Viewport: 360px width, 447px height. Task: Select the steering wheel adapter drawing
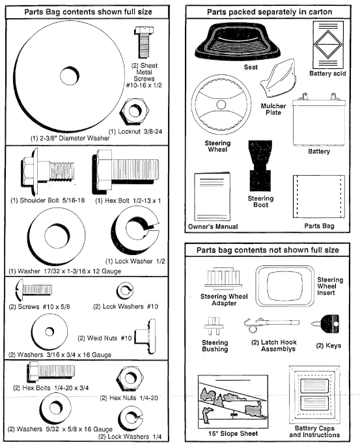click(219, 278)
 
